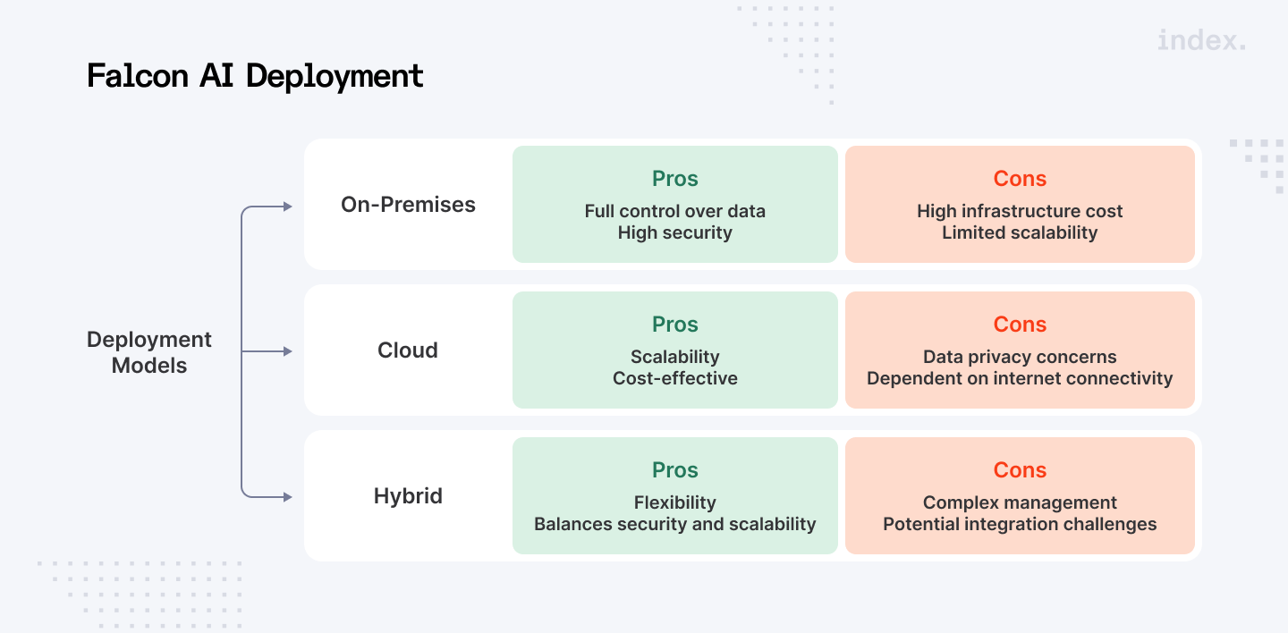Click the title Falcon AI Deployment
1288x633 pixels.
tap(255, 76)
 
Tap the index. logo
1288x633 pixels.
tap(1200, 40)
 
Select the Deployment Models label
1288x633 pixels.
tap(149, 352)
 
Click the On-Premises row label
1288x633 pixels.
tap(408, 205)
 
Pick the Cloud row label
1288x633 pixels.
tap(408, 350)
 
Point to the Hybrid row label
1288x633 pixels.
tap(408, 496)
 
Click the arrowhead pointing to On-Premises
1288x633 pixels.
tap(288, 207)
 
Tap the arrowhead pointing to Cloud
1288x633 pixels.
tap(288, 351)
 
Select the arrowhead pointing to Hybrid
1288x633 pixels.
tap(288, 496)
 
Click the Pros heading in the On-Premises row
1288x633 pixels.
tap(675, 179)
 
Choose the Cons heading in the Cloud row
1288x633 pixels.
tap(1020, 325)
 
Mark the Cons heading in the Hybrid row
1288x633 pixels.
tap(1020, 470)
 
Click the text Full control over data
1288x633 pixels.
tap(675, 211)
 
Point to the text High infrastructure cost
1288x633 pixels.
tap(1020, 211)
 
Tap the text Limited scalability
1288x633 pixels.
tap(1020, 232)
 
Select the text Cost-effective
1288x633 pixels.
tap(675, 378)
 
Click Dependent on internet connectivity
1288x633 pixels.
tap(1020, 378)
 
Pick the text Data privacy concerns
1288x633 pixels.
tap(1020, 357)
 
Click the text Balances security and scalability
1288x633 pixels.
tap(675, 524)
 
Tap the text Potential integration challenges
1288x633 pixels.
tap(1020, 524)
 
